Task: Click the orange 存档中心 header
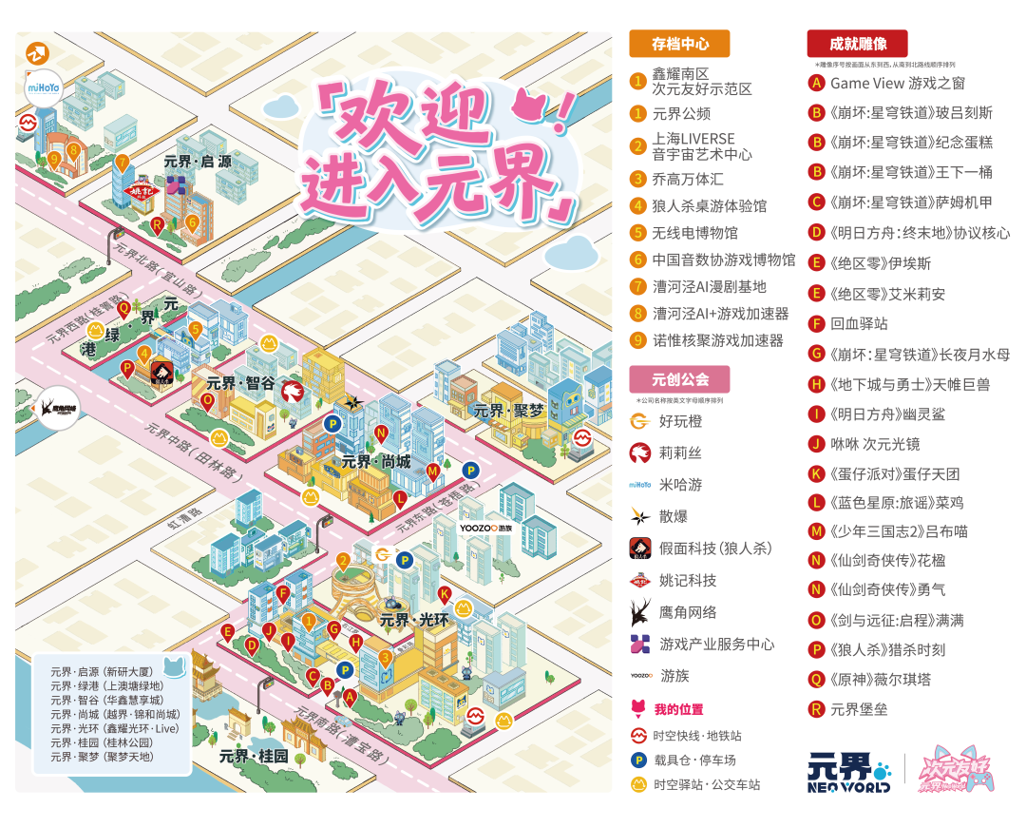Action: [x=679, y=44]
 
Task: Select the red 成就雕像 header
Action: [x=857, y=44]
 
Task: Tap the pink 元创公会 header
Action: [x=679, y=379]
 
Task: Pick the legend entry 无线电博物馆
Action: [x=694, y=233]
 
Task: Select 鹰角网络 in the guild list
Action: [x=688, y=613]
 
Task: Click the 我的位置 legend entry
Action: [x=678, y=710]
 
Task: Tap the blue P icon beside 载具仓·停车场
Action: [x=639, y=761]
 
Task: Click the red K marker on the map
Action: [x=445, y=594]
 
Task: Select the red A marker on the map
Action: [x=350, y=697]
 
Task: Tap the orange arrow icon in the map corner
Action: [x=39, y=53]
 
